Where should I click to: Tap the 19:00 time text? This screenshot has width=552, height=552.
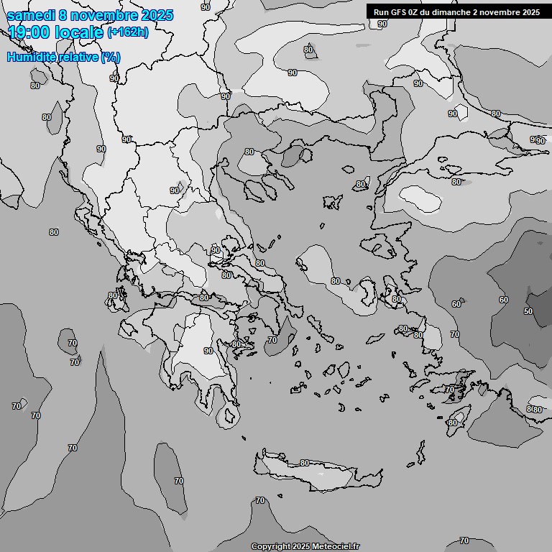pos(29,32)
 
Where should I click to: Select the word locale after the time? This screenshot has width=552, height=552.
pos(81,32)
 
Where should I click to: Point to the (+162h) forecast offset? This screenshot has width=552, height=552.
pos(128,32)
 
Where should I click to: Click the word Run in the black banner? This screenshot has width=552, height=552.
pos(382,12)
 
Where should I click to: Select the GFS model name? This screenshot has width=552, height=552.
pos(400,12)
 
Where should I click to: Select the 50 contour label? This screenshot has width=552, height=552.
pos(528,311)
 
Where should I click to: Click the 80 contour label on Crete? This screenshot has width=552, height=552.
pos(304,464)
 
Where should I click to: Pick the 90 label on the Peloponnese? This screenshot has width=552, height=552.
pos(208,351)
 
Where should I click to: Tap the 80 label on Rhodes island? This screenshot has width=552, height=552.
pos(452,423)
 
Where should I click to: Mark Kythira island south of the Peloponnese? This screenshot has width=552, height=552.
pos(230,415)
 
